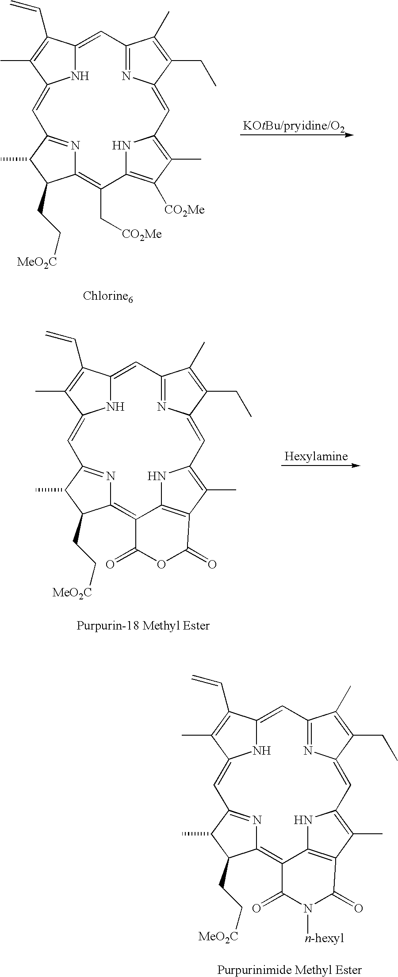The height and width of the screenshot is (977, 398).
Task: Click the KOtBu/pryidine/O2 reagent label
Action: (x=294, y=127)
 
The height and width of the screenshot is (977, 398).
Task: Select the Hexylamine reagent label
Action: (x=316, y=456)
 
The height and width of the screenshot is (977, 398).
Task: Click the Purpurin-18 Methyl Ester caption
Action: (x=143, y=626)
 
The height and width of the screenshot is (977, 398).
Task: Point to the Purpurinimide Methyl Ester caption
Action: (x=290, y=969)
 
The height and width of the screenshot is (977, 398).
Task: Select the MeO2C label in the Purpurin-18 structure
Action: (x=72, y=592)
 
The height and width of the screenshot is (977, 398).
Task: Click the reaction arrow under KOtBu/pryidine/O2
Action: (x=297, y=134)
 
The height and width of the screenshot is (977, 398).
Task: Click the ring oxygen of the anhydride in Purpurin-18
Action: (x=161, y=565)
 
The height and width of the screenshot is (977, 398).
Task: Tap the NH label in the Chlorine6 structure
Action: (x=80, y=76)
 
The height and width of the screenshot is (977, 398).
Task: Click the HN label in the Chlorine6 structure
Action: (x=121, y=145)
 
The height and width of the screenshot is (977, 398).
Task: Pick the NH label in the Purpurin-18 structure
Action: (x=115, y=407)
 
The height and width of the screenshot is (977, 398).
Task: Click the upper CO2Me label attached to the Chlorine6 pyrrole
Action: (x=184, y=210)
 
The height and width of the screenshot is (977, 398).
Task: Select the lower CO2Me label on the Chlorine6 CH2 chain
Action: (x=142, y=234)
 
